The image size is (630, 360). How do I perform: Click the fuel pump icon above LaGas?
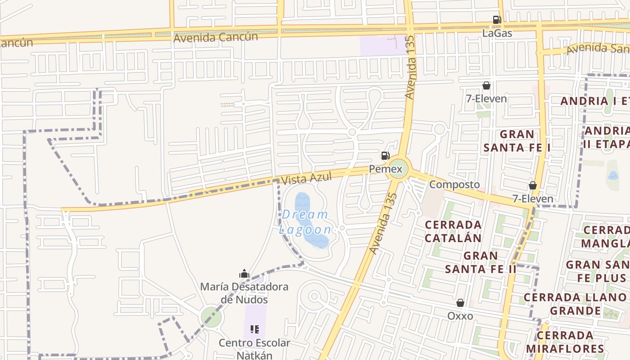pyautogui.click(x=497, y=20)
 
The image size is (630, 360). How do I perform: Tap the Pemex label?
pyautogui.click(x=386, y=169)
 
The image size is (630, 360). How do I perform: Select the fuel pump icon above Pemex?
pyautogui.click(x=385, y=156)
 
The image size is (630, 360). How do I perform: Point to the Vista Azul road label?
pyautogui.click(x=306, y=178)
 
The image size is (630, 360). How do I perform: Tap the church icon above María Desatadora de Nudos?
pyautogui.click(x=244, y=274)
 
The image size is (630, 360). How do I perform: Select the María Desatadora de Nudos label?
pyautogui.click(x=244, y=293)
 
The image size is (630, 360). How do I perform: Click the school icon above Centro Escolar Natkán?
pyautogui.click(x=255, y=329)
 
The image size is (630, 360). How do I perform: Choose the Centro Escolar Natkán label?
pyautogui.click(x=255, y=349)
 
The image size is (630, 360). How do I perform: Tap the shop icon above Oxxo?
pyautogui.click(x=460, y=303)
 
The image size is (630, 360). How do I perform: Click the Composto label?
pyautogui.click(x=454, y=184)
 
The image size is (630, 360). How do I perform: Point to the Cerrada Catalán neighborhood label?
pyautogui.click(x=453, y=231)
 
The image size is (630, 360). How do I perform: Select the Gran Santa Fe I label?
pyautogui.click(x=517, y=141)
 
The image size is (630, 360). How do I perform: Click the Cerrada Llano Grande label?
pyautogui.click(x=575, y=304)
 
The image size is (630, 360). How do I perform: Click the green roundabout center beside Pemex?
pyautogui.click(x=398, y=169)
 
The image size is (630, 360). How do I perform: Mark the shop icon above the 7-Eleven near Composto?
pyautogui.click(x=533, y=185)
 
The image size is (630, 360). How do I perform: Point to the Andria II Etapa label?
pyautogui.click(x=607, y=137)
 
